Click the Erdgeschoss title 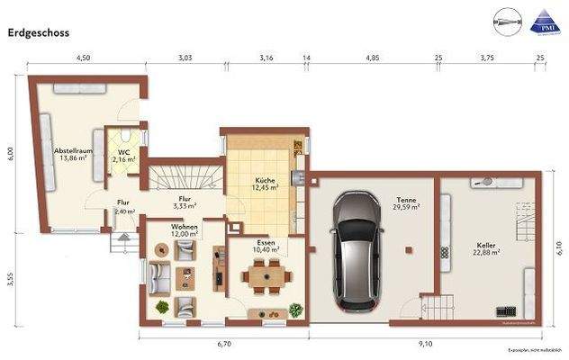point(39,31)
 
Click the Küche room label point(265,181)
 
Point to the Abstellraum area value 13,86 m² point(72,157)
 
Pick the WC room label point(124,152)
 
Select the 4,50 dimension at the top point(82,57)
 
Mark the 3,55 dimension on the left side point(11,278)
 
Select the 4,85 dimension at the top point(372,57)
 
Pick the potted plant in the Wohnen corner point(161,308)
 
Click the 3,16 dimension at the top point(266,57)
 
